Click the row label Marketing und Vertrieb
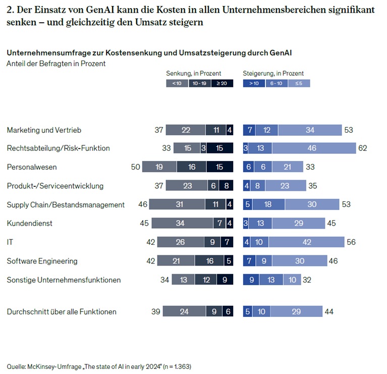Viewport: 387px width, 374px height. pyautogui.click(x=44, y=130)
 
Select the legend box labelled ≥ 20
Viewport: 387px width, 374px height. pyautogui.click(x=222, y=83)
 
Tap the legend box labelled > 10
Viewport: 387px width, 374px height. pyautogui.click(x=254, y=83)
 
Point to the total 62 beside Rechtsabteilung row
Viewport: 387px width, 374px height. pyautogui.click(x=362, y=148)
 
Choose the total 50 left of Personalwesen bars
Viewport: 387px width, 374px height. pyautogui.click(x=135, y=167)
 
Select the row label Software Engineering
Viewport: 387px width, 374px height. pyautogui.click(x=42, y=261)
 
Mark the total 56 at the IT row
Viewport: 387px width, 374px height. pyautogui.click(x=351, y=242)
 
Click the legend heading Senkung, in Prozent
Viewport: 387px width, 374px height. pyautogui.click(x=193, y=73)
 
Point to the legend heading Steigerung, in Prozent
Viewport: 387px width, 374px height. pyautogui.click(x=273, y=73)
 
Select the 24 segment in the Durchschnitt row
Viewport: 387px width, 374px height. pyautogui.click(x=184, y=312)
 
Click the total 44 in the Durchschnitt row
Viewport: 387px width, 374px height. pyautogui.click(x=329, y=312)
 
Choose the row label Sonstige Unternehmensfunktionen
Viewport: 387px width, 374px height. pyautogui.click(x=64, y=280)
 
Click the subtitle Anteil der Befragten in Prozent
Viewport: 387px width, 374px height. pyautogui.click(x=56, y=64)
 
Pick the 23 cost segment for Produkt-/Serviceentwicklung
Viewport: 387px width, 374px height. pyautogui.click(x=187, y=186)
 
